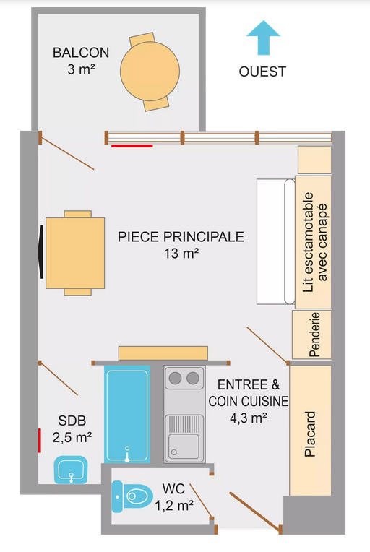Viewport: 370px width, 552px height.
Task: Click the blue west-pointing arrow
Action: pyautogui.click(x=263, y=38)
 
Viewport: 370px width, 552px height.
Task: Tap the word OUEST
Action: pyautogui.click(x=262, y=72)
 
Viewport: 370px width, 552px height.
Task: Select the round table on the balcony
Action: pyautogui.click(x=150, y=71)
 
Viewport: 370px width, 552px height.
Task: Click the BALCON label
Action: pyautogui.click(x=81, y=53)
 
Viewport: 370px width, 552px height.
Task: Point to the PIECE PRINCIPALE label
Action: pyautogui.click(x=181, y=236)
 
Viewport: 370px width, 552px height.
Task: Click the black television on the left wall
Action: pyautogui.click(x=41, y=251)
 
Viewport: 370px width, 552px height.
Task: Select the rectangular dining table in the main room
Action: pyautogui.click(x=75, y=253)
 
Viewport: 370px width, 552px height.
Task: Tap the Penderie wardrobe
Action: pyautogui.click(x=311, y=335)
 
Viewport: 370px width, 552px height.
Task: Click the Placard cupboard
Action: pyautogui.click(x=310, y=430)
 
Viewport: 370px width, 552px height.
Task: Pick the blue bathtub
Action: pyautogui.click(x=127, y=414)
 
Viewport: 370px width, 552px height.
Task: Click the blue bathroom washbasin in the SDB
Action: pyautogui.click(x=71, y=470)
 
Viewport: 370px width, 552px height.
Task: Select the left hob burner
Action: pyautogui.click(x=176, y=379)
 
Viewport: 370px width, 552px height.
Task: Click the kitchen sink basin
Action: pyautogui.click(x=184, y=447)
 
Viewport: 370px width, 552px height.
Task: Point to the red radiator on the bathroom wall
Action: pyautogui.click(x=40, y=441)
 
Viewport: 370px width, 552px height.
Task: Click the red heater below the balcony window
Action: pyautogui.click(x=132, y=145)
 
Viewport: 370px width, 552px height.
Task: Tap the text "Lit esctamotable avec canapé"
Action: pyautogui.click(x=314, y=242)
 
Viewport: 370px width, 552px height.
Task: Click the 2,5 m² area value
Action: pyautogui.click(x=72, y=438)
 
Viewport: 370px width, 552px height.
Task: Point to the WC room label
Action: pyautogui.click(x=174, y=488)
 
